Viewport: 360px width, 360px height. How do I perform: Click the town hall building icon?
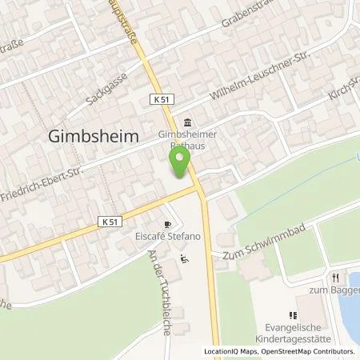(x=186, y=122)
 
